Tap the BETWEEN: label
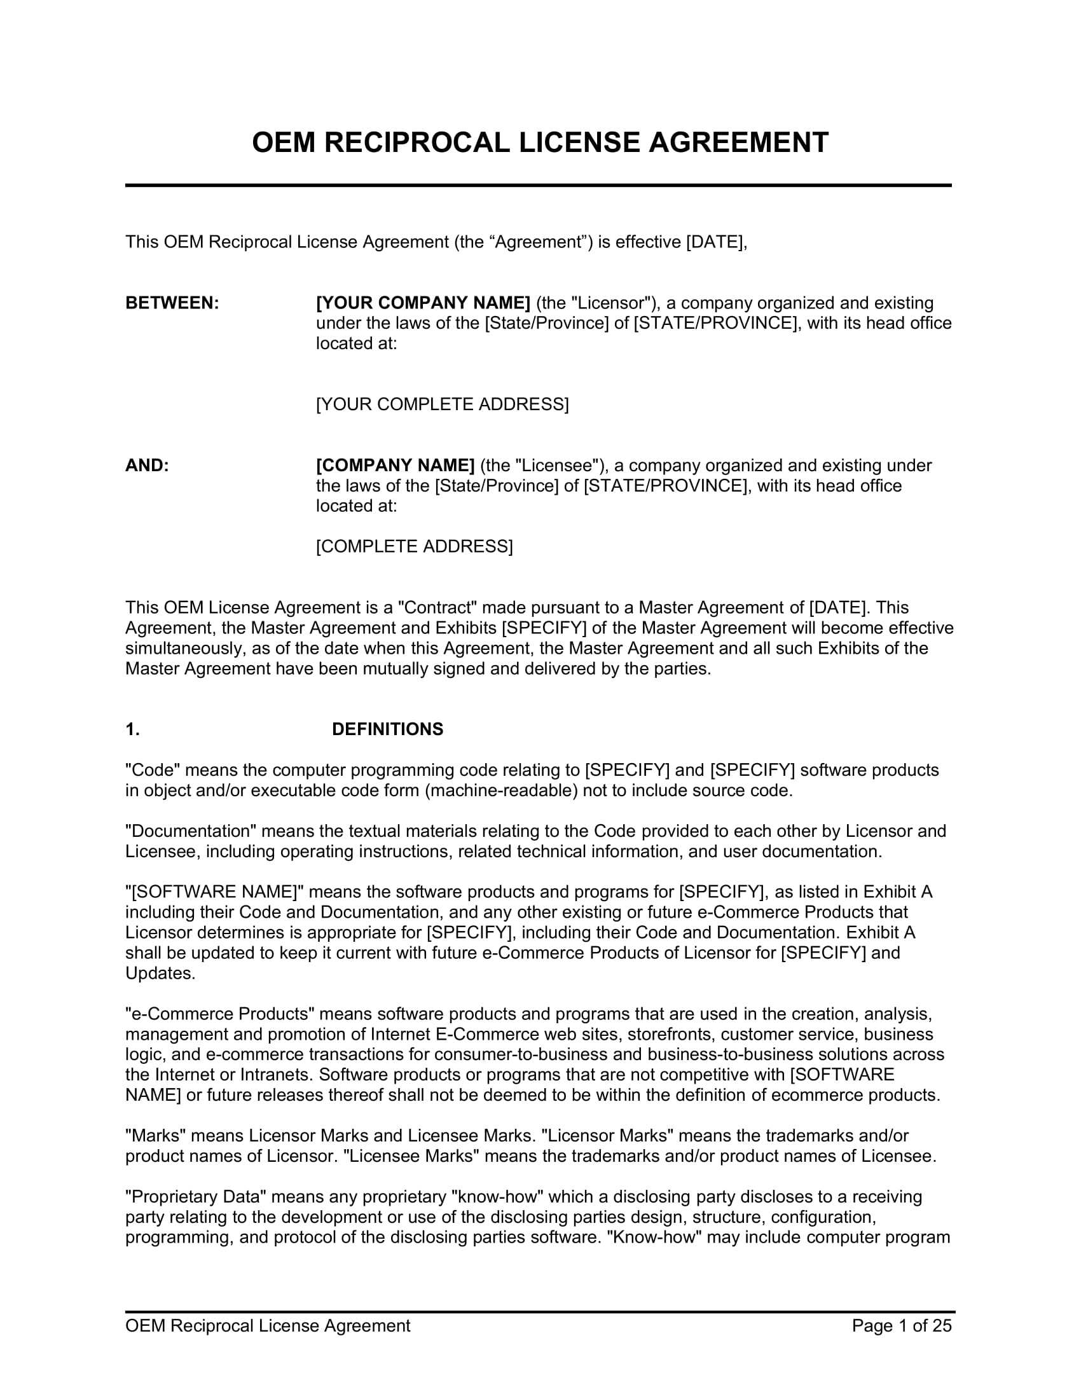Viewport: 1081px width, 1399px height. click(x=172, y=303)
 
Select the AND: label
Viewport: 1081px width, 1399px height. click(x=148, y=465)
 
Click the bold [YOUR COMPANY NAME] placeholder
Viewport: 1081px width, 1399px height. click(x=423, y=303)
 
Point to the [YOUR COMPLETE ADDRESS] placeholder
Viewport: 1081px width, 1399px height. click(x=443, y=405)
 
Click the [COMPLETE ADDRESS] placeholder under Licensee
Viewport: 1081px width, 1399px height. click(x=415, y=547)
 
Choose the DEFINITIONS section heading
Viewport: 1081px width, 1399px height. click(x=387, y=729)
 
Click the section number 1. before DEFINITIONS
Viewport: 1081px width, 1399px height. click(x=132, y=729)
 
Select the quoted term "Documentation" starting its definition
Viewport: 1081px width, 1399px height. click(x=191, y=832)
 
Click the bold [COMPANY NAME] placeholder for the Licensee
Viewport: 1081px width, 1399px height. click(x=395, y=465)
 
